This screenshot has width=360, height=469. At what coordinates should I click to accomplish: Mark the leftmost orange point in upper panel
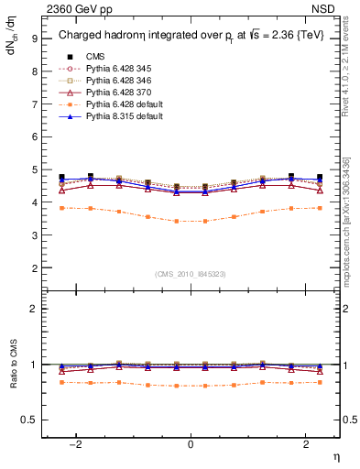click(61, 208)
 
